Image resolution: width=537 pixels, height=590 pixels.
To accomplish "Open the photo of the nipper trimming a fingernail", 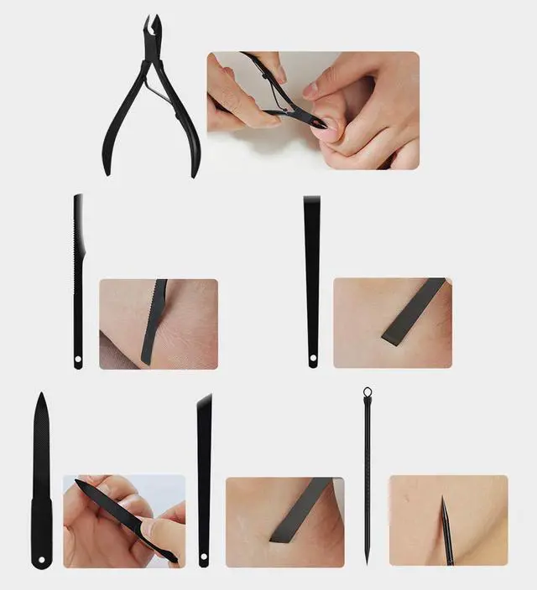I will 313,110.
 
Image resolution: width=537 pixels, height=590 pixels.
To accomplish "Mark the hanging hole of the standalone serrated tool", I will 78,361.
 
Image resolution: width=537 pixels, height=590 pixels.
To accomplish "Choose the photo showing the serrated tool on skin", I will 159,323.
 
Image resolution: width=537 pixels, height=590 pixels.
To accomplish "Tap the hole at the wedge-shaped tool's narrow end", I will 313,361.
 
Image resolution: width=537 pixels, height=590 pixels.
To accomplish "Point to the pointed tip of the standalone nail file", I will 40,397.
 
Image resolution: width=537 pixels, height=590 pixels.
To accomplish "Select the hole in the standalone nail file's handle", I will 41,560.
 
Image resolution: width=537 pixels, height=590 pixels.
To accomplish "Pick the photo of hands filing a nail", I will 124,521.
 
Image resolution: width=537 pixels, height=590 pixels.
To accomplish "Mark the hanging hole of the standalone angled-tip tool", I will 204,559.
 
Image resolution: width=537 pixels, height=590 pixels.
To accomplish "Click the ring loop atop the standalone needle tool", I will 367,391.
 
